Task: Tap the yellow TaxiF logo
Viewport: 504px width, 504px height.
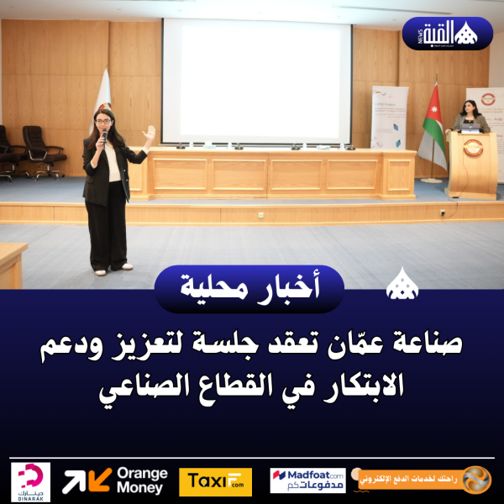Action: [x=215, y=481]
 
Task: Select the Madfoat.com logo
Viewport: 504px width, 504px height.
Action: [x=307, y=480]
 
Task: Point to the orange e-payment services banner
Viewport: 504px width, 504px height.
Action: [x=424, y=480]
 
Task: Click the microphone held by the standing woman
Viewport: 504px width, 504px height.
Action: [x=104, y=137]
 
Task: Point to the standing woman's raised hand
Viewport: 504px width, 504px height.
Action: [x=150, y=133]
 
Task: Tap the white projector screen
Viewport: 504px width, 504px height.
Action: [x=256, y=81]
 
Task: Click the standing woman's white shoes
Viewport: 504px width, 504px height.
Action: [x=113, y=269]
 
